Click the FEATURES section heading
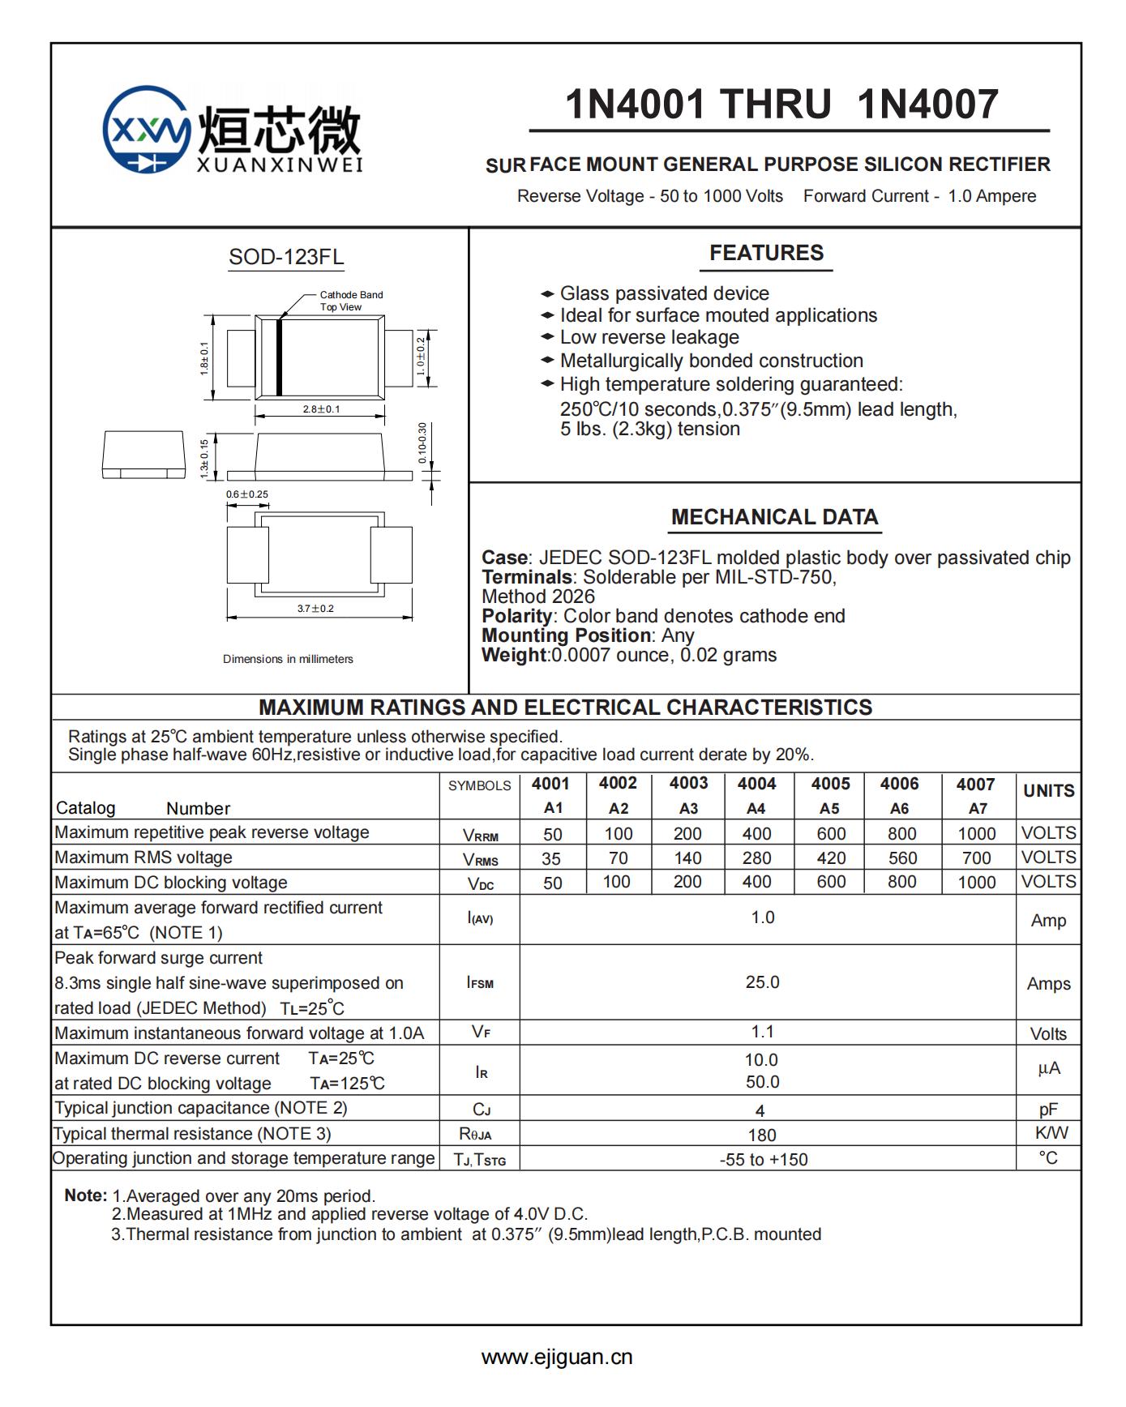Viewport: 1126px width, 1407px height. pyautogui.click(x=766, y=253)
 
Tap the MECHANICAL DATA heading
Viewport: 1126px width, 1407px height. pyautogui.click(x=774, y=517)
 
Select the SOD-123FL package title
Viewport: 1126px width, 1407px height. pyautogui.click(x=286, y=257)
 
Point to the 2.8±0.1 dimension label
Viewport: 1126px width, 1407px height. pyautogui.click(x=321, y=409)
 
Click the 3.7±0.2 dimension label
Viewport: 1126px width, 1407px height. pyautogui.click(x=315, y=609)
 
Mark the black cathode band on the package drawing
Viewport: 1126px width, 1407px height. pyautogui.click(x=279, y=357)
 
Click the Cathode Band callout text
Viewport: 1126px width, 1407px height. pyautogui.click(x=351, y=295)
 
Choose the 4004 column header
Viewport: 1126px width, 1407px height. pyautogui.click(x=756, y=784)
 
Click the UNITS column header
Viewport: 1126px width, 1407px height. pyautogui.click(x=1048, y=791)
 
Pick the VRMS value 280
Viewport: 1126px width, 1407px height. pyautogui.click(x=756, y=857)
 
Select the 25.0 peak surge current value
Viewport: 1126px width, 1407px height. pyautogui.click(x=762, y=982)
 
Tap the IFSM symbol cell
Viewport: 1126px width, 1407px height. pyautogui.click(x=480, y=983)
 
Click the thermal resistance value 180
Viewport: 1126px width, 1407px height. pyautogui.click(x=762, y=1135)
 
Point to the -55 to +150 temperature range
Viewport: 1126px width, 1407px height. pyautogui.click(x=764, y=1160)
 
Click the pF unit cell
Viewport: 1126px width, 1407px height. pyautogui.click(x=1048, y=1110)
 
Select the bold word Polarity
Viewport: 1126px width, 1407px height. pyautogui.click(x=516, y=616)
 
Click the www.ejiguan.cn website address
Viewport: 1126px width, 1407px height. pyautogui.click(x=557, y=1357)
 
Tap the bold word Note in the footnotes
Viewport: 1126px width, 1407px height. pyautogui.click(x=85, y=1195)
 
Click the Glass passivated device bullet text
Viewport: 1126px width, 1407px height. pyautogui.click(x=664, y=293)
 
